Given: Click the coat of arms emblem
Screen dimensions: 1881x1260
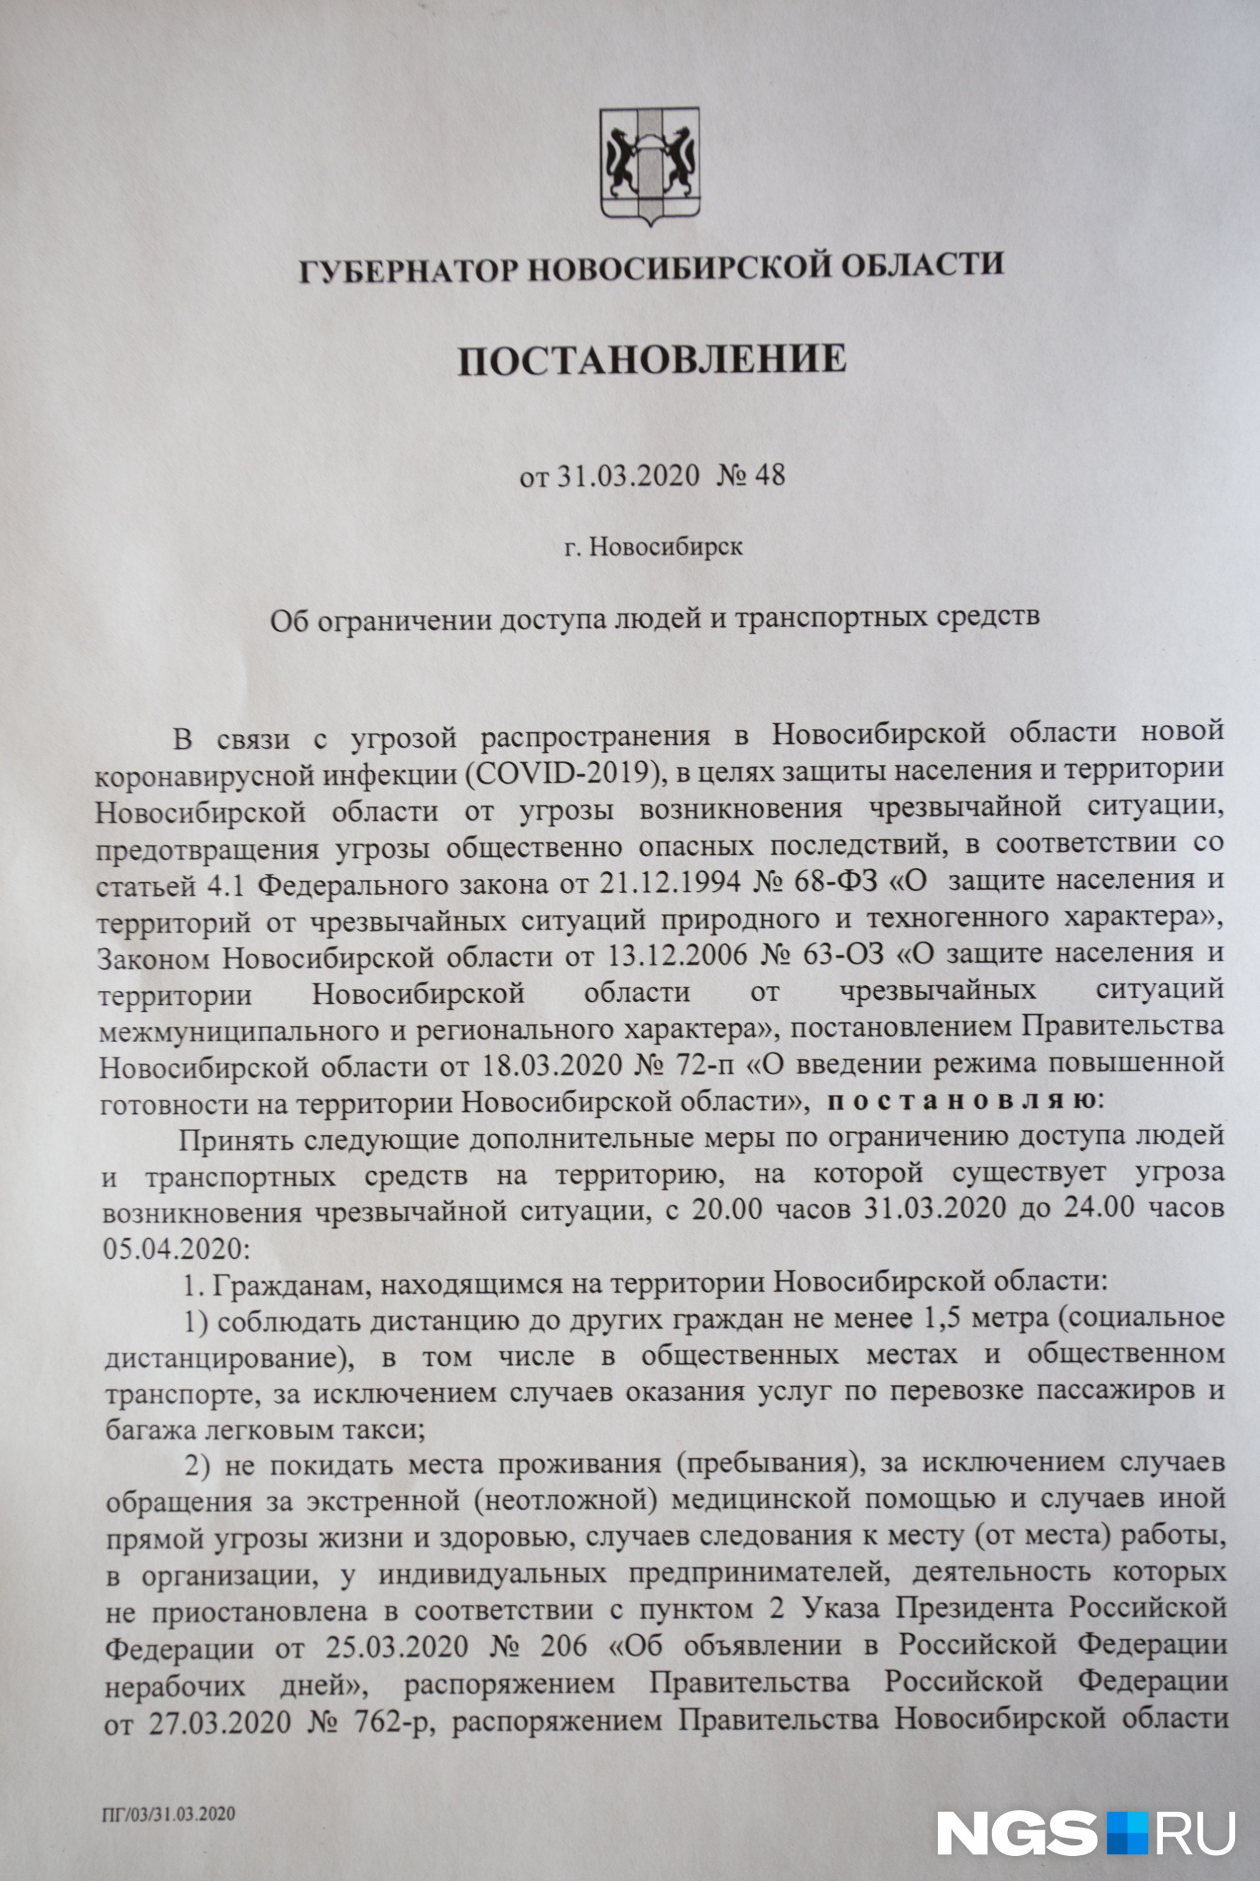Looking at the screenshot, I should click(651, 165).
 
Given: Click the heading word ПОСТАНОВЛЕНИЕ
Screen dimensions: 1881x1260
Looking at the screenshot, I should click(651, 359).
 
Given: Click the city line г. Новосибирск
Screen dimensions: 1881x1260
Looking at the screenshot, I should click(653, 548).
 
